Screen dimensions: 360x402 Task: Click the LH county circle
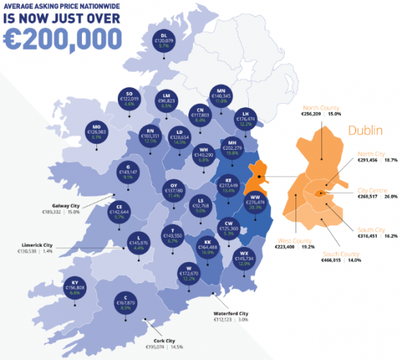(x=246, y=119)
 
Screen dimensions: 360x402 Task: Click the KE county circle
(x=228, y=184)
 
